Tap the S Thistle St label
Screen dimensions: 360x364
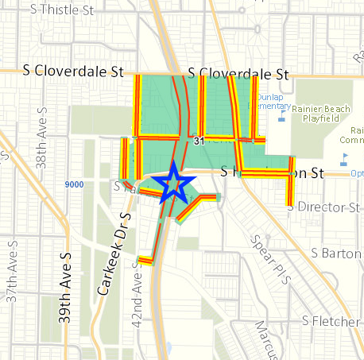pyautogui.click(x=60, y=10)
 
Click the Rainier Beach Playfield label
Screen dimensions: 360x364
pyautogui.click(x=322, y=112)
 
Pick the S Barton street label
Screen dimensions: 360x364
pyautogui.click(x=336, y=254)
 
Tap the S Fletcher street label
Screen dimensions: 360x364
pyautogui.click(x=332, y=321)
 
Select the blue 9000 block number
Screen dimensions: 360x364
pyautogui.click(x=74, y=184)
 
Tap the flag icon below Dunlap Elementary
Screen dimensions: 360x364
pyautogui.click(x=281, y=118)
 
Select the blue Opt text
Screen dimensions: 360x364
pyautogui.click(x=357, y=172)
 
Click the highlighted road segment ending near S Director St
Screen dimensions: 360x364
pyautogui.click(x=290, y=191)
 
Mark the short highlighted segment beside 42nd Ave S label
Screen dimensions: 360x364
pyautogui.click(x=145, y=259)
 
